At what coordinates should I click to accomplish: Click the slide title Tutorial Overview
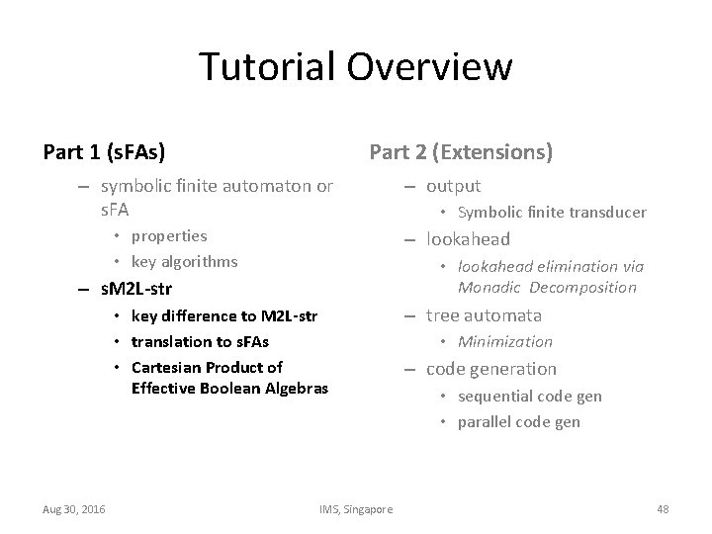tap(355, 67)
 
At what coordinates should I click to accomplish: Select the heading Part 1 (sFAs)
tap(104, 152)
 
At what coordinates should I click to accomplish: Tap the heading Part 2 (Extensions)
tap(461, 152)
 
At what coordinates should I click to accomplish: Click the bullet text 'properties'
tap(169, 235)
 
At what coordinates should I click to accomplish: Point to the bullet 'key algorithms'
tap(184, 261)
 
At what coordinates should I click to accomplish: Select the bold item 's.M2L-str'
tap(136, 290)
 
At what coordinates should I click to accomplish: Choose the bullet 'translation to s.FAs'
tap(200, 341)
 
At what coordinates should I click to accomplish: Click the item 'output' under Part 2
tap(453, 186)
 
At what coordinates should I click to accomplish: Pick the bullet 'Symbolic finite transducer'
tap(551, 212)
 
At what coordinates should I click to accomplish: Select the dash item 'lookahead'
tap(468, 238)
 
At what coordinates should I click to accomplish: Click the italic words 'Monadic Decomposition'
tap(547, 288)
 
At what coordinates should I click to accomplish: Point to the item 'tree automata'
tap(484, 315)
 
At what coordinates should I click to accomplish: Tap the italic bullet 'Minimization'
tap(504, 341)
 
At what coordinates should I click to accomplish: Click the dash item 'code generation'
tap(491, 369)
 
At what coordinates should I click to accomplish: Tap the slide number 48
tap(663, 508)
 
